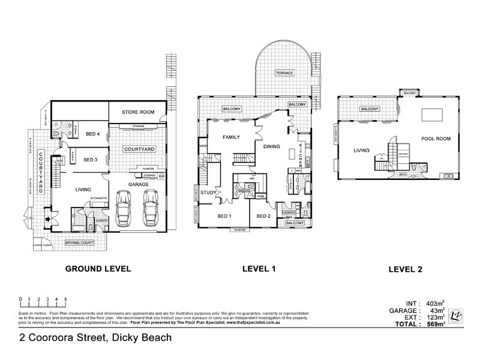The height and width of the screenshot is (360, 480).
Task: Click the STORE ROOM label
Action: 139,112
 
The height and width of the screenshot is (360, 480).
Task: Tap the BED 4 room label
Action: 93,133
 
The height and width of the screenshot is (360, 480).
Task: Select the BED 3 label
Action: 91,160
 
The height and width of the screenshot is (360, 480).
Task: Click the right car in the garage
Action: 150,208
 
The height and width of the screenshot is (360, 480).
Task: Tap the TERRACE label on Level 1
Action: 284,73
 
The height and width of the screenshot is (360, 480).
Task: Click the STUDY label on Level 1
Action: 208,193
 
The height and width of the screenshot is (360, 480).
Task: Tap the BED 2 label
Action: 265,216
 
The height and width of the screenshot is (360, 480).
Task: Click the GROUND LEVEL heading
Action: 98,270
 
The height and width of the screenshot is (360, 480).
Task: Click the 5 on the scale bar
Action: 65,299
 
